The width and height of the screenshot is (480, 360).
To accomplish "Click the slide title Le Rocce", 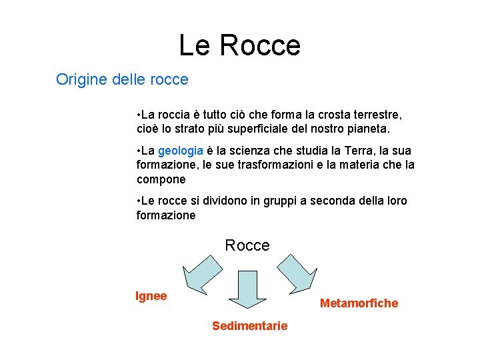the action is coord(240,45).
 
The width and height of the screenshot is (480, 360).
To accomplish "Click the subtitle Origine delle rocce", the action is coord(122,80).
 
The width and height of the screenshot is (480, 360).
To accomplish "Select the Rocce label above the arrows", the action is coord(247,245).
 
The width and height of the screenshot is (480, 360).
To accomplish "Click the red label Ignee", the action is coord(151,296).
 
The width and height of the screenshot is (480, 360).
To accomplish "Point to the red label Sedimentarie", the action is coord(250,326).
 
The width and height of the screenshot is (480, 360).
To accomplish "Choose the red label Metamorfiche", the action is coord(359,303).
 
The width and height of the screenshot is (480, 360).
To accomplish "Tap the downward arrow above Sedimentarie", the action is coord(247,291).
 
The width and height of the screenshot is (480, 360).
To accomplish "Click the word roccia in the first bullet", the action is coord(175,113).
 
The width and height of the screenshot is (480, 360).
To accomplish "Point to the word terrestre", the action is coord(376,113).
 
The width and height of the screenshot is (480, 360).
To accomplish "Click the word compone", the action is coord(161,179).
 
